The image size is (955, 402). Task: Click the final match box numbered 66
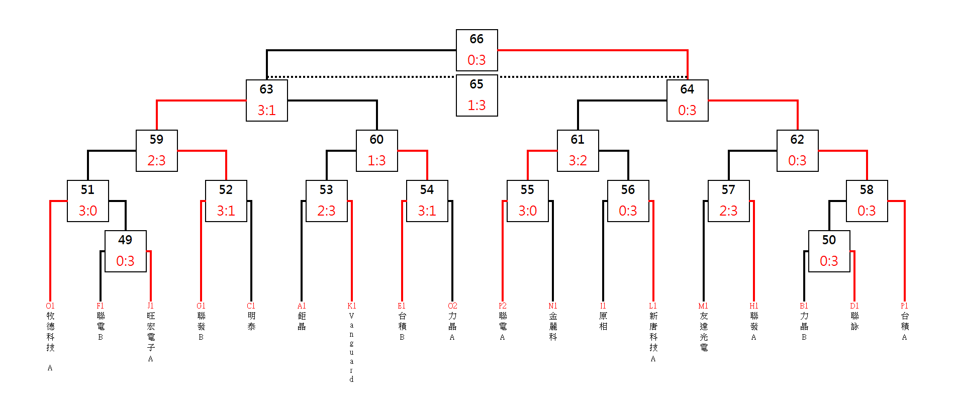tap(477, 50)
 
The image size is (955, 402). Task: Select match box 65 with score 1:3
tap(477, 95)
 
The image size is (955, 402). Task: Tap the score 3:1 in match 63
tap(267, 110)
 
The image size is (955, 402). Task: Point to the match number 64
tap(687, 89)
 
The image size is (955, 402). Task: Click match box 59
tap(157, 151)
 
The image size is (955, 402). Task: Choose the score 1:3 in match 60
tap(376, 160)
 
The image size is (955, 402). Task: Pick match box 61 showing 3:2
tap(578, 151)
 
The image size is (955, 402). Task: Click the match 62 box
tap(798, 151)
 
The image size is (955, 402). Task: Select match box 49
tap(126, 251)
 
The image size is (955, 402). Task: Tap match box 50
tap(829, 251)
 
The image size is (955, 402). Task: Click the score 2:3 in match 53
tap(326, 211)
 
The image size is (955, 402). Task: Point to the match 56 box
tap(628, 201)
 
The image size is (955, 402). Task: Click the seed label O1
tap(50, 306)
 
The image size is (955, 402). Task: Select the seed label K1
tap(352, 306)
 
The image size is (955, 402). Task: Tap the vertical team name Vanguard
tap(352, 347)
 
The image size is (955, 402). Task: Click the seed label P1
tap(905, 306)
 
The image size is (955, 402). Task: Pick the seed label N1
tap(553, 306)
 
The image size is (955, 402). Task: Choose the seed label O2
tap(452, 306)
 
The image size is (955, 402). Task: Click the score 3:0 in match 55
tap(528, 211)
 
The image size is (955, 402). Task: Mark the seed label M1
tap(703, 306)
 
